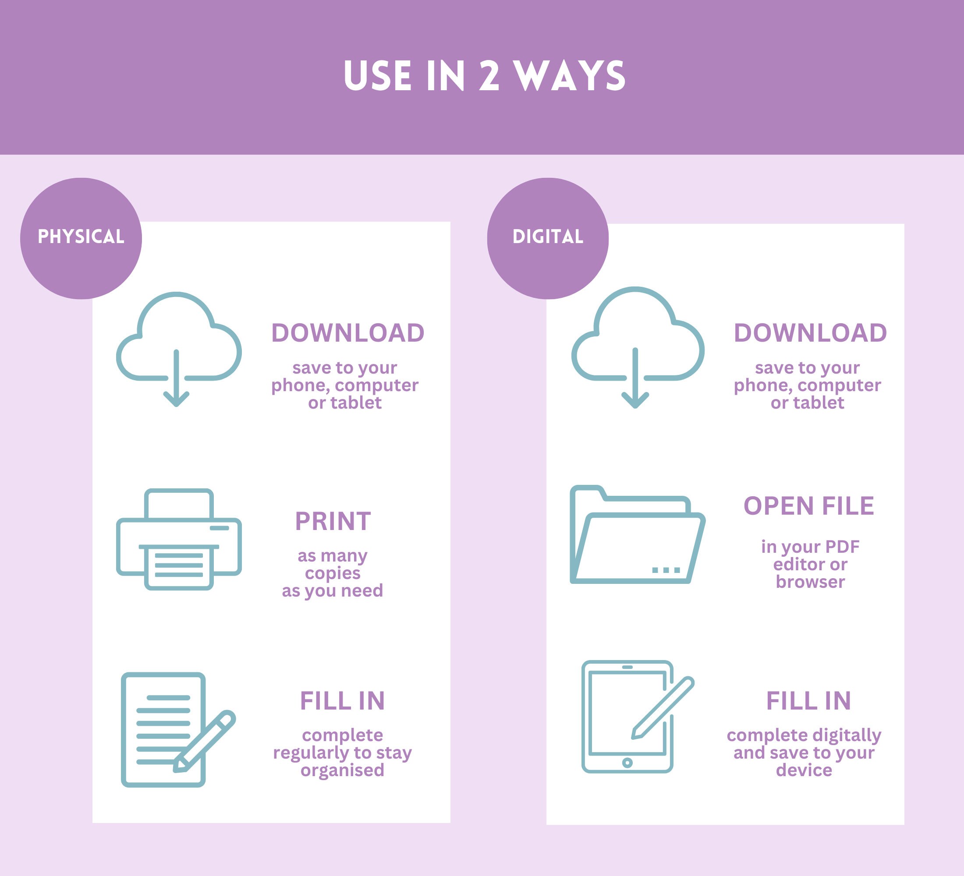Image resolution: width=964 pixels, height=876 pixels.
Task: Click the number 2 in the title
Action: click(489, 76)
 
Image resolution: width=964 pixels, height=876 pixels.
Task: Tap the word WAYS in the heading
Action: click(569, 76)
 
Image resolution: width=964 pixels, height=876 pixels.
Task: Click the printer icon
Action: click(179, 540)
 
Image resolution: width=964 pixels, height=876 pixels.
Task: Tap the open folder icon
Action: click(637, 535)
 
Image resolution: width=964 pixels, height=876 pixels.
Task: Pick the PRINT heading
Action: click(333, 521)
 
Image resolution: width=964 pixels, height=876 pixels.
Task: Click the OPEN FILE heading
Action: click(808, 506)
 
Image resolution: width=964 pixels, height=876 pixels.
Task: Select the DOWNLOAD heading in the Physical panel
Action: click(347, 333)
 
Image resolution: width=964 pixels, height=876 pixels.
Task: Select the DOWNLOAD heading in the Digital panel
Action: click(810, 333)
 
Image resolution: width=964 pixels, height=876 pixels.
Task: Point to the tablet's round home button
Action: click(627, 763)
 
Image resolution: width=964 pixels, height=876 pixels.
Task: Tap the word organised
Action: click(342, 770)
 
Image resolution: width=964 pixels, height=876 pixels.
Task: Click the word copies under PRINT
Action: click(333, 573)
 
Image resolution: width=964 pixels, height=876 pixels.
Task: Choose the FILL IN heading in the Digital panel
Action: click(808, 701)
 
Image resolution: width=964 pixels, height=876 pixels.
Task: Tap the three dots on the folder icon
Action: click(666, 570)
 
